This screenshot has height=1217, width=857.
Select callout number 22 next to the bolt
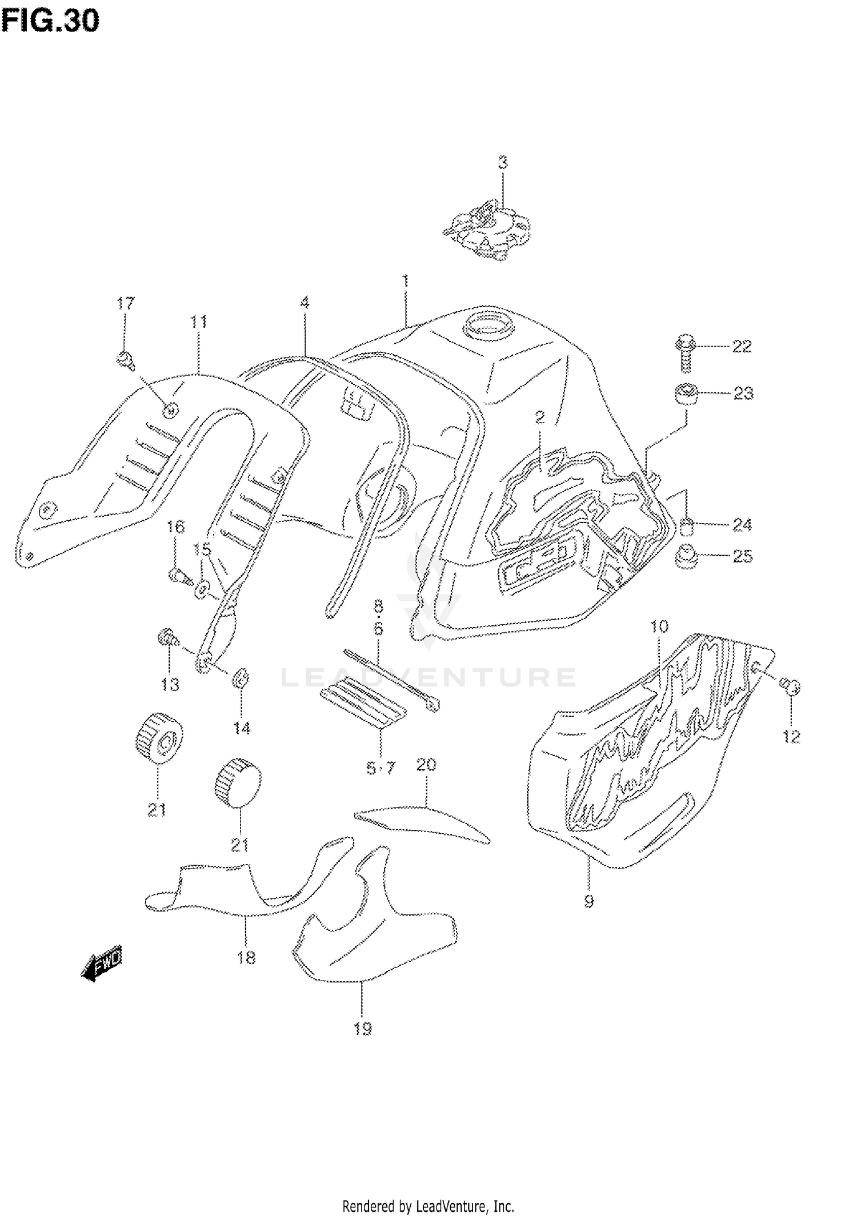pyautogui.click(x=742, y=346)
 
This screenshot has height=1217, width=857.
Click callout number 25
pyautogui.click(x=743, y=556)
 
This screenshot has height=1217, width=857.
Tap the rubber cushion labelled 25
pyautogui.click(x=687, y=557)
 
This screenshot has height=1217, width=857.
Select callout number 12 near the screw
pyautogui.click(x=791, y=737)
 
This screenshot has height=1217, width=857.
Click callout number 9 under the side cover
pyautogui.click(x=589, y=901)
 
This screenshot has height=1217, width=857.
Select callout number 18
pyautogui.click(x=246, y=957)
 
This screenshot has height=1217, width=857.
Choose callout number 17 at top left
pyautogui.click(x=125, y=303)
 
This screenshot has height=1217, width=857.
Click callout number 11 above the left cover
pyautogui.click(x=198, y=322)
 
